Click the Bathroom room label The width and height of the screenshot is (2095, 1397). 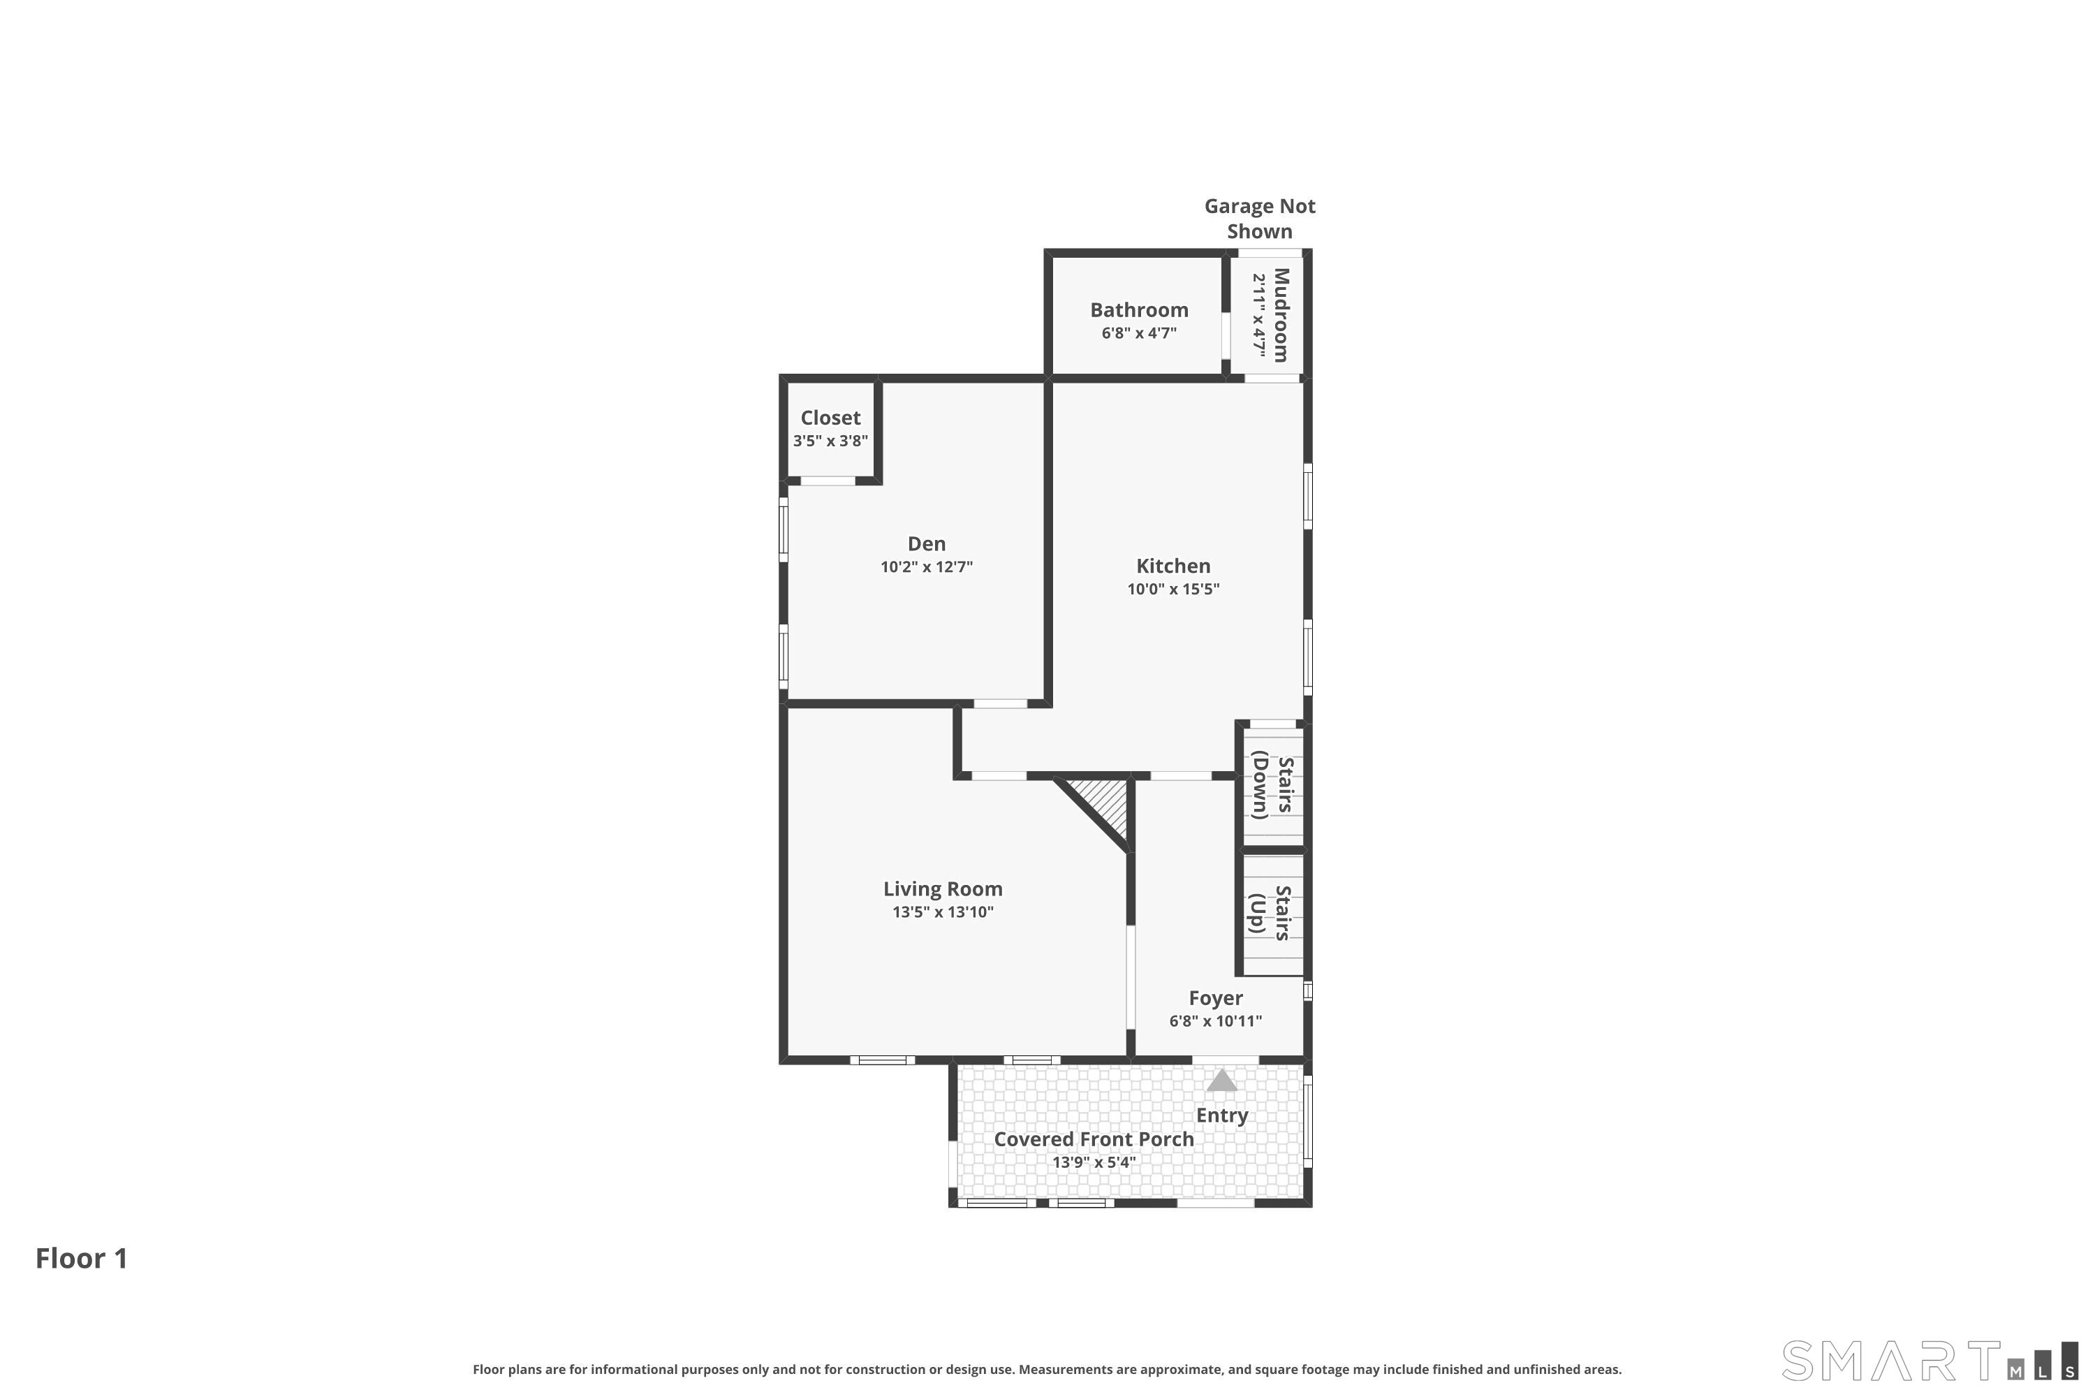click(x=1139, y=310)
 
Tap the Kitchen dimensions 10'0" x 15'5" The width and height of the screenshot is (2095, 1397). click(x=1173, y=589)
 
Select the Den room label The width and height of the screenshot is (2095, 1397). click(x=927, y=543)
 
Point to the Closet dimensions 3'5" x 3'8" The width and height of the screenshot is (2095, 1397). click(x=830, y=441)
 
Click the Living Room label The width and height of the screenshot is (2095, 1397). click(x=942, y=888)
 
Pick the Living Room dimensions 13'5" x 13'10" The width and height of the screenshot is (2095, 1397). click(x=942, y=912)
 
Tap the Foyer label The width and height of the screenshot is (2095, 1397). click(x=1216, y=999)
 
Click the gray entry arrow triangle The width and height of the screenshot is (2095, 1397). click(x=1221, y=1081)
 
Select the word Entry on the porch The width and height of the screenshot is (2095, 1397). click(x=1222, y=1116)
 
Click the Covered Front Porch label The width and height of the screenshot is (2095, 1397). click(x=1094, y=1139)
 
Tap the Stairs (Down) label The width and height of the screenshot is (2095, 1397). click(x=1272, y=785)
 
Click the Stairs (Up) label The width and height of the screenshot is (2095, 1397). click(x=1270, y=913)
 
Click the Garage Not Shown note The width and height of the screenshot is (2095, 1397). click(x=1260, y=218)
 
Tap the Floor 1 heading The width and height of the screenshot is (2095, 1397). click(x=82, y=1258)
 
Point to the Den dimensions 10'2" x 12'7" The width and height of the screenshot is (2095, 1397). click(x=927, y=566)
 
